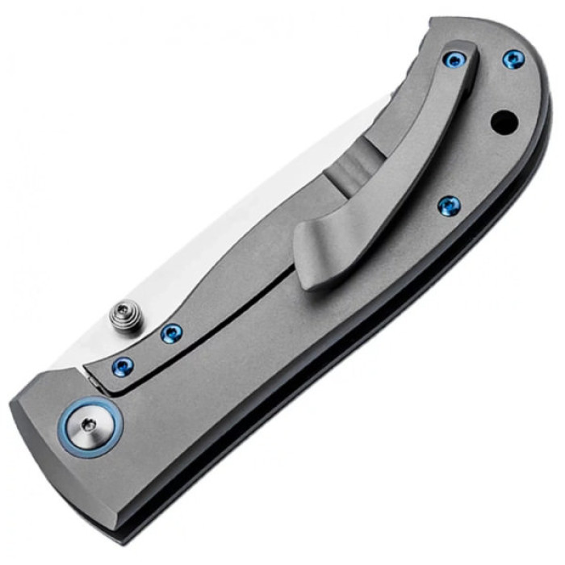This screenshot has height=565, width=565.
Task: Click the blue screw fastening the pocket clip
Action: [x=454, y=60]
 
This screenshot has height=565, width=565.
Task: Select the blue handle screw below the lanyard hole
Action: [x=448, y=206]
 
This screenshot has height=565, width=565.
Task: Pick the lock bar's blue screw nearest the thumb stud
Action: [x=170, y=333]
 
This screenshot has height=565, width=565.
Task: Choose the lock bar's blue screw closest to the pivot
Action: [x=122, y=364]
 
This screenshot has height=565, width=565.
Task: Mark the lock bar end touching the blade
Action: [x=94, y=375]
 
